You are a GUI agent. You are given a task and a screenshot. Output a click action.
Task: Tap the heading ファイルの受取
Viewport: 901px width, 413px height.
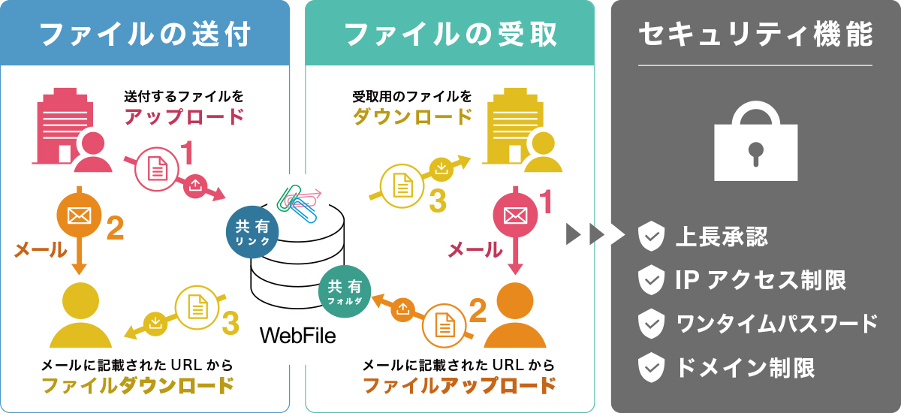450,34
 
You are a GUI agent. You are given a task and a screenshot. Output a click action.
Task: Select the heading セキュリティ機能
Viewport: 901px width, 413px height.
755,34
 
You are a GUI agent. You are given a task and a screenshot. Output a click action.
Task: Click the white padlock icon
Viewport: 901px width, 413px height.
755,143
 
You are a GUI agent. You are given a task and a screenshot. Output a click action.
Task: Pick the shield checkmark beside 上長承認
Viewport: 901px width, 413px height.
650,238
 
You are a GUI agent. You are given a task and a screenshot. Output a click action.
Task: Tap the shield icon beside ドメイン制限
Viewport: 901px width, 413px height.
650,367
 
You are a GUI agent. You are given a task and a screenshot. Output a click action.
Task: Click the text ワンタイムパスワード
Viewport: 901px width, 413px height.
776,324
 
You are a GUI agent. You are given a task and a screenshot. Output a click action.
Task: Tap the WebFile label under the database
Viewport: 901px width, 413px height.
297,335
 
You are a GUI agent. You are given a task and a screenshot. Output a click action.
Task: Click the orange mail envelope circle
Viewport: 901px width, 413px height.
79,216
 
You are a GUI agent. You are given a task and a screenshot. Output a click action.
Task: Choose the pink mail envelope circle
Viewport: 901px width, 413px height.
514,216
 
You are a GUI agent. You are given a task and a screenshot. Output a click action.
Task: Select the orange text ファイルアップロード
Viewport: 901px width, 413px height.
460,386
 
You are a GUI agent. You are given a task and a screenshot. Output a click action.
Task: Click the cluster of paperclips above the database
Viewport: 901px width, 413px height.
297,202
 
